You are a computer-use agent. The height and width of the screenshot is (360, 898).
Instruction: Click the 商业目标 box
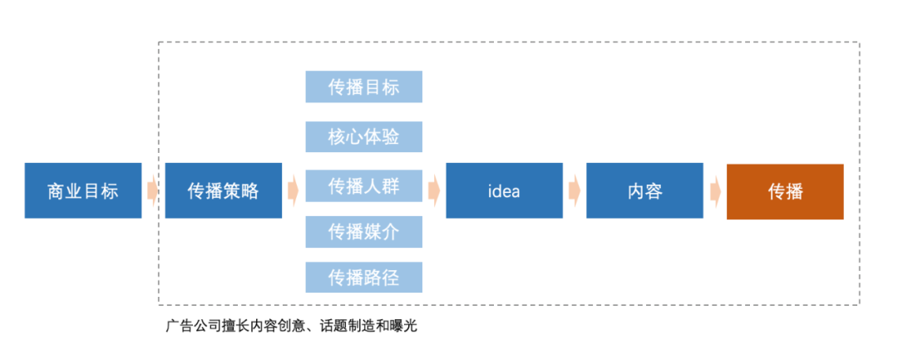[83, 191]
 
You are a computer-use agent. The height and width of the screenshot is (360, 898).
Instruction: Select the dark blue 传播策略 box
[223, 191]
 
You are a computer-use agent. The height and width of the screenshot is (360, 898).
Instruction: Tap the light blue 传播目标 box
[363, 86]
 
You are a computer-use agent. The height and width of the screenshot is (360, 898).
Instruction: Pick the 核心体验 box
[363, 137]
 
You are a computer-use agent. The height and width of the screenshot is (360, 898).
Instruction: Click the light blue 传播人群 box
[363, 186]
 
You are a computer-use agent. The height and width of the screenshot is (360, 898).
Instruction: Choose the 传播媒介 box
[363, 231]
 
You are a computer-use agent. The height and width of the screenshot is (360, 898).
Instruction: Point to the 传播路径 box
[363, 277]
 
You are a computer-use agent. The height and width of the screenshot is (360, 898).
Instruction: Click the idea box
[504, 191]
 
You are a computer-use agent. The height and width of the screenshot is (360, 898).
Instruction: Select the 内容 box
[644, 191]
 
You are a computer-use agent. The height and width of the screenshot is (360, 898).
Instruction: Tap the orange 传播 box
[785, 191]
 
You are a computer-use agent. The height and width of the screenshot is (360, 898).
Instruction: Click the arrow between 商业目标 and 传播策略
[153, 190]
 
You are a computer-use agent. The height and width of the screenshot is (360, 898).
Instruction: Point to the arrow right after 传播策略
[294, 190]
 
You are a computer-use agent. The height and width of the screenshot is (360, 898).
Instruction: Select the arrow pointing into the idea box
[434, 190]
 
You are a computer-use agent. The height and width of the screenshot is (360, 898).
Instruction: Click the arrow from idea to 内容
[575, 190]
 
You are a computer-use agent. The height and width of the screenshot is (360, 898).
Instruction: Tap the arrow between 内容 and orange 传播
[715, 190]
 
